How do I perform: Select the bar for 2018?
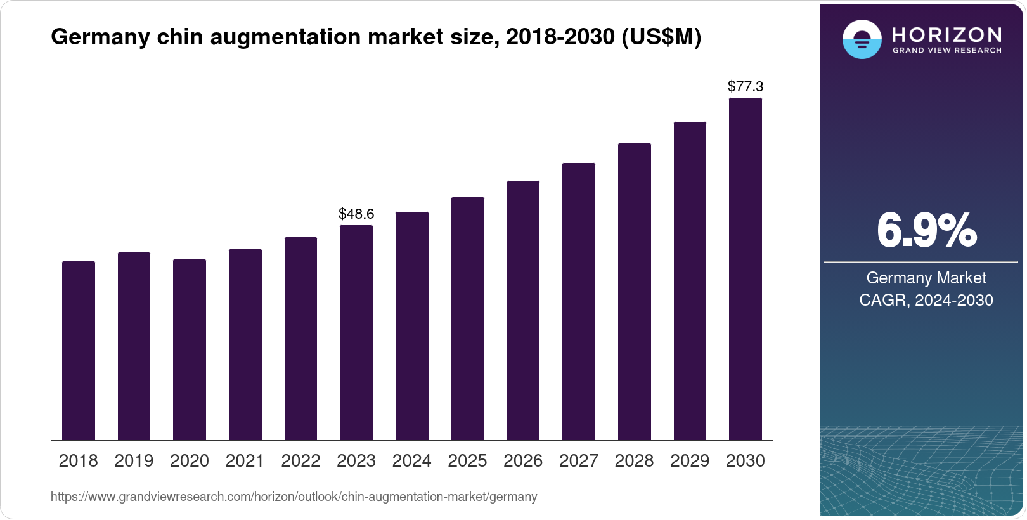79,351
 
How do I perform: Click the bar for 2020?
190,349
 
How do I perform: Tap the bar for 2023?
356,332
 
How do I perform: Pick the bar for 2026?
523,310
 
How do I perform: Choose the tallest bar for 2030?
746,269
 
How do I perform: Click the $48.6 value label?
356,214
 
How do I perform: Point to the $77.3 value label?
746,86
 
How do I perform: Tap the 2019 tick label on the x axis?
134,461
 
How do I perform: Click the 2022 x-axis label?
300,461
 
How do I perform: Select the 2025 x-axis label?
467,461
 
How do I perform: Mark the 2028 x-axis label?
634,461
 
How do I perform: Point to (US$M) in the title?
661,37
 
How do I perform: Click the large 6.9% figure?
926,231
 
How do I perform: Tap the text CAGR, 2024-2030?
926,300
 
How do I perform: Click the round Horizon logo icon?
862,39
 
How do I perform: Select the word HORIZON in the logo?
946,34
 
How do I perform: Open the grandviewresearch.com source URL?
294,497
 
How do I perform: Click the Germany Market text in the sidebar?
926,278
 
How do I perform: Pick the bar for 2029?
690,281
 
